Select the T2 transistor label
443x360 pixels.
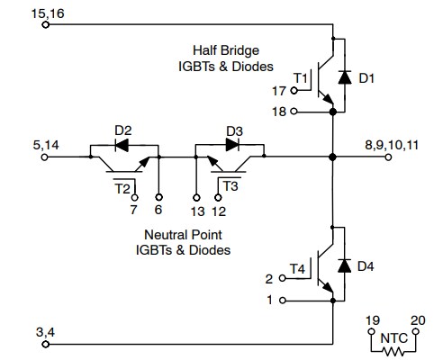[121, 188]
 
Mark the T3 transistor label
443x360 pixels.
[232, 188]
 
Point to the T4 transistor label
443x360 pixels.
[299, 268]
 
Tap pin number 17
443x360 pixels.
[278, 92]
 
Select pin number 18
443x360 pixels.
[278, 112]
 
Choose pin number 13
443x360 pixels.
[197, 211]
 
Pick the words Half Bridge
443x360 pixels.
[222, 49]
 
